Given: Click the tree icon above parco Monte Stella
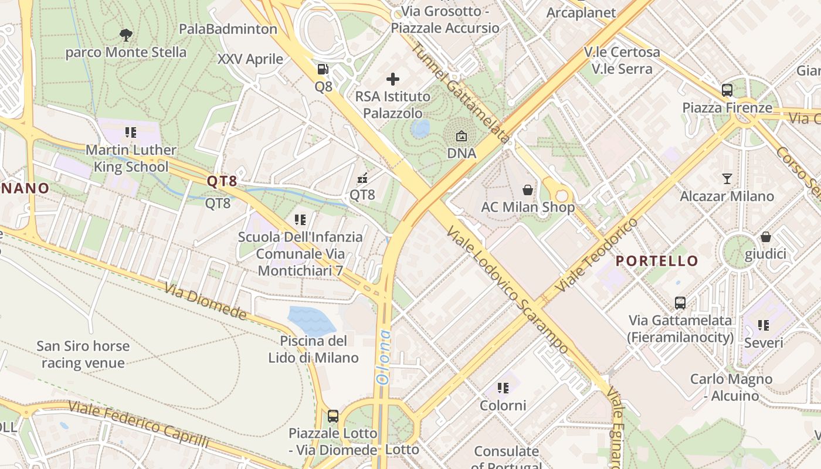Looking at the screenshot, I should [125, 35].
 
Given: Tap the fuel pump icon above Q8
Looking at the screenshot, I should [323, 69].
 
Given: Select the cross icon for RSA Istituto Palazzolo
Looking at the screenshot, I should [393, 79].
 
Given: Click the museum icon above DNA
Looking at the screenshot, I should [462, 137].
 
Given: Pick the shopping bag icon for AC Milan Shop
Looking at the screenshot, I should [528, 190].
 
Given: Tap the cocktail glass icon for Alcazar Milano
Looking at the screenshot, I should [727, 179].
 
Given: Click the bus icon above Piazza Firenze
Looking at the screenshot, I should [727, 90].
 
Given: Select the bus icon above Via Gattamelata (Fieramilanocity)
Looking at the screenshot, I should [680, 303].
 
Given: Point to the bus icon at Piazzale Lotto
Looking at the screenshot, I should [333, 416].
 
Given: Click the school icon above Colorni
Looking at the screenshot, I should [503, 388].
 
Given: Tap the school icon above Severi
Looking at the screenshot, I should [763, 325].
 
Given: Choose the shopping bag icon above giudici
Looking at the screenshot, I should [765, 237].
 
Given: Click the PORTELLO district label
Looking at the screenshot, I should [657, 261].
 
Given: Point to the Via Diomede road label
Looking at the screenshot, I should [205, 302].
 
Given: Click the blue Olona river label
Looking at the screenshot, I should [384, 357].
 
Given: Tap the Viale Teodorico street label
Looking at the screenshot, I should [596, 256].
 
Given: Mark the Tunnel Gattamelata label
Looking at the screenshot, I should [460, 93].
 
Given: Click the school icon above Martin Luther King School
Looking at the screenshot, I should [130, 132].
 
